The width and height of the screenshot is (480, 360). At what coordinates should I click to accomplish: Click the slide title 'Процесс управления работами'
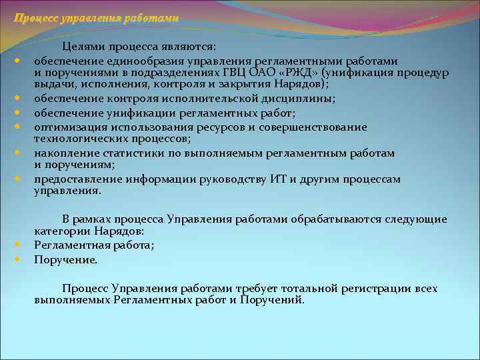pyautogui.click(x=96, y=18)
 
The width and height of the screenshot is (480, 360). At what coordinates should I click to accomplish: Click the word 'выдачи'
pyautogui.click(x=51, y=85)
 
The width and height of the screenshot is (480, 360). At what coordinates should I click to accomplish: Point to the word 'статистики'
pyautogui.click(x=125, y=153)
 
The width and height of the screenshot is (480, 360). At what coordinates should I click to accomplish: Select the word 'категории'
pyautogui.click(x=60, y=231)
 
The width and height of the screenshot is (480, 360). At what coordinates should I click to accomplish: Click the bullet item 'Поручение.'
pyautogui.click(x=65, y=259)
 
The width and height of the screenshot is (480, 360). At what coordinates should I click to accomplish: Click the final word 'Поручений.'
pyautogui.click(x=275, y=301)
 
